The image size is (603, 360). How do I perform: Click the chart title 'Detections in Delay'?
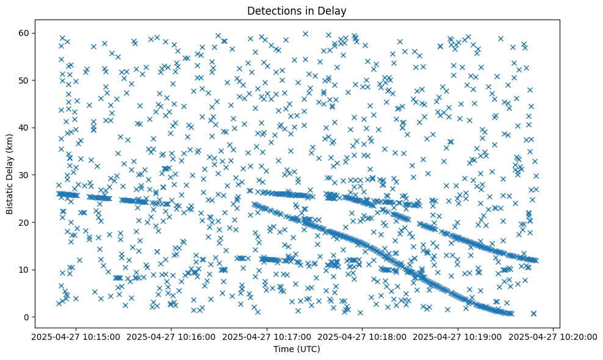[x=296, y=10]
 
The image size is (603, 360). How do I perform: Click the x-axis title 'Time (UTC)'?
[x=296, y=349]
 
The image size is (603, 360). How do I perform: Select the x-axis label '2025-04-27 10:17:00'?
[x=267, y=336]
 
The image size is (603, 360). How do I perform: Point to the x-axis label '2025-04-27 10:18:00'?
[x=363, y=336]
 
